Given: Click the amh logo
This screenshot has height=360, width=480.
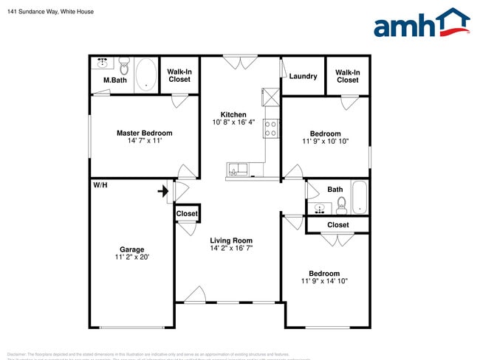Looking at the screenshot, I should [x=421, y=24].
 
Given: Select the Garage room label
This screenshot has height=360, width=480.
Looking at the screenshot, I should [x=132, y=249].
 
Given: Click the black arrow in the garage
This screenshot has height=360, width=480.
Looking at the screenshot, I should [x=162, y=192].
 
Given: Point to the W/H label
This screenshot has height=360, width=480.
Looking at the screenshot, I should [x=100, y=184].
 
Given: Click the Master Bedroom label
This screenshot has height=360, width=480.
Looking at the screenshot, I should [x=144, y=134].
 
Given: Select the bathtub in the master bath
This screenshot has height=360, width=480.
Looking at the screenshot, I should [x=145, y=75].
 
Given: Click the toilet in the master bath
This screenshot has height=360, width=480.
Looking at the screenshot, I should [x=124, y=67].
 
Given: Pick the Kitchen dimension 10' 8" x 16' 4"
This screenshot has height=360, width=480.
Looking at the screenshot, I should [x=233, y=122].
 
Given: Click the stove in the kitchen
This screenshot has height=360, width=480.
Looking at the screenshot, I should [x=270, y=130].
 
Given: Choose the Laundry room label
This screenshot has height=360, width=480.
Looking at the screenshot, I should [x=303, y=76].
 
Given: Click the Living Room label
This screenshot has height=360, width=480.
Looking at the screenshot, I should [x=231, y=240].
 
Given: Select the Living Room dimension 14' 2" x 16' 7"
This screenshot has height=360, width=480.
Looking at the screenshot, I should [x=231, y=249].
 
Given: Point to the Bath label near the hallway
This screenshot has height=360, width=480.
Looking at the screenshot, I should [x=335, y=190].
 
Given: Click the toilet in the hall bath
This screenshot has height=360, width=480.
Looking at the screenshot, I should [x=341, y=204].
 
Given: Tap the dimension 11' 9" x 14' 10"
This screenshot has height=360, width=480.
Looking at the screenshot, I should [x=324, y=281].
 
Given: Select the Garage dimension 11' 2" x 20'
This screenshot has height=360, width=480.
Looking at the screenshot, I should [x=132, y=257].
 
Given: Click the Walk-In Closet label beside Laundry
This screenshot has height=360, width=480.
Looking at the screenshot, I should [x=348, y=76].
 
